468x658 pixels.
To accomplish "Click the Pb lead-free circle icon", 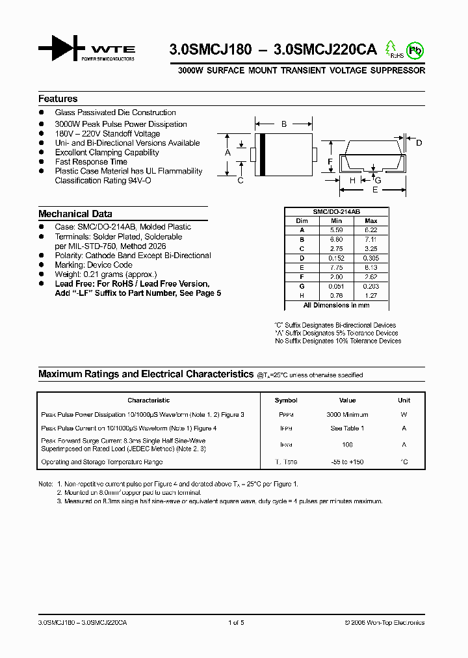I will point(414,49).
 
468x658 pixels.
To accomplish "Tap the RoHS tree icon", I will point(391,49).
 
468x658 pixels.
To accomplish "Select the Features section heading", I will point(58,99).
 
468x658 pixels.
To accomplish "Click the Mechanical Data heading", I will point(75,214).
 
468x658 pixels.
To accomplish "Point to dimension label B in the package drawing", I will point(283,124).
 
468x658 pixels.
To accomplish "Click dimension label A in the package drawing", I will point(227,153).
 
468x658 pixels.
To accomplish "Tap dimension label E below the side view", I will point(374,190).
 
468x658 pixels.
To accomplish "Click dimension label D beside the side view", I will point(419,143).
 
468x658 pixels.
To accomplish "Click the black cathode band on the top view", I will point(261,154).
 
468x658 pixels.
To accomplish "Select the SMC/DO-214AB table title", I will point(336,212).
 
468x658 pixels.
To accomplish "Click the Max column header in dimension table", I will point(371,221).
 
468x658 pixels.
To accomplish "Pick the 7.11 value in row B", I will point(371,239).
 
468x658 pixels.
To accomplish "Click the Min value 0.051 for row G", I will point(336,285).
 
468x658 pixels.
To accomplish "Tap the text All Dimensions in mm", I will point(336,305).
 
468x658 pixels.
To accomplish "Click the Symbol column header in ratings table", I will point(286,401).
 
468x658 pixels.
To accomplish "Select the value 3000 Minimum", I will point(347,415).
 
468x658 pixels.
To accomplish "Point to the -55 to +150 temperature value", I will point(347,462).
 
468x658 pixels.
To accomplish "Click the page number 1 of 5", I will point(236,623).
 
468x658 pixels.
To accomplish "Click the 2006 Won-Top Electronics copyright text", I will point(384,623).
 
